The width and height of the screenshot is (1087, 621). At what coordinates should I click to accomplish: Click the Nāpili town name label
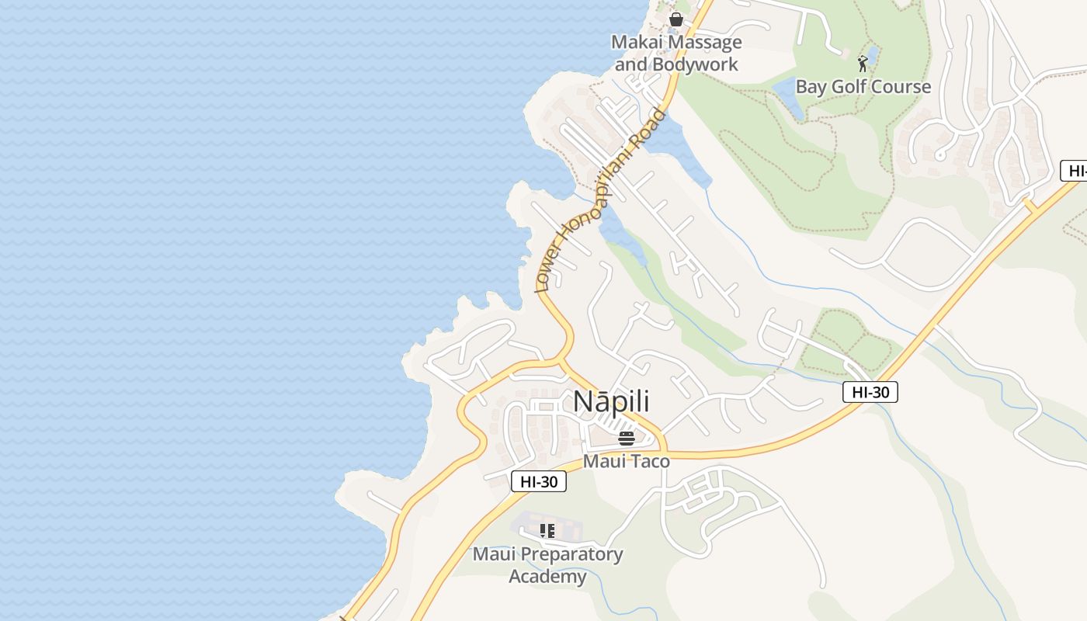[611, 402]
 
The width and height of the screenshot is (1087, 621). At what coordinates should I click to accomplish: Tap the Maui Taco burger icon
[627, 438]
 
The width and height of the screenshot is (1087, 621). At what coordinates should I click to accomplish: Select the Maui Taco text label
[626, 461]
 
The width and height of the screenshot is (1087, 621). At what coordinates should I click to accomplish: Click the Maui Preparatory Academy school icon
[547, 531]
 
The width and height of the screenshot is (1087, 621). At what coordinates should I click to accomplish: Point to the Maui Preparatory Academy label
[547, 565]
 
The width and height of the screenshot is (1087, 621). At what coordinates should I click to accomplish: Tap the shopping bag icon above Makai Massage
[676, 19]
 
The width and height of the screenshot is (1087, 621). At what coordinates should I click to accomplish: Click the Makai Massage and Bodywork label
[676, 53]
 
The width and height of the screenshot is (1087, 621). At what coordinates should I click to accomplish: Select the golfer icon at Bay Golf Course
[862, 63]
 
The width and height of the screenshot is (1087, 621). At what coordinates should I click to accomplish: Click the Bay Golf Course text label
[863, 86]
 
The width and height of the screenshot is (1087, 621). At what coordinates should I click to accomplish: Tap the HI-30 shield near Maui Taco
[539, 481]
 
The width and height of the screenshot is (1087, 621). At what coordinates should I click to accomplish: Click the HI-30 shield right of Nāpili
[870, 392]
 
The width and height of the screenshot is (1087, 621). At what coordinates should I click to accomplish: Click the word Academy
[547, 577]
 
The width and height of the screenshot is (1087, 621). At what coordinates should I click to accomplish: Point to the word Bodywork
[695, 64]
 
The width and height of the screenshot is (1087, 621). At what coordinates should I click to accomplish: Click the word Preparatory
[570, 554]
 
